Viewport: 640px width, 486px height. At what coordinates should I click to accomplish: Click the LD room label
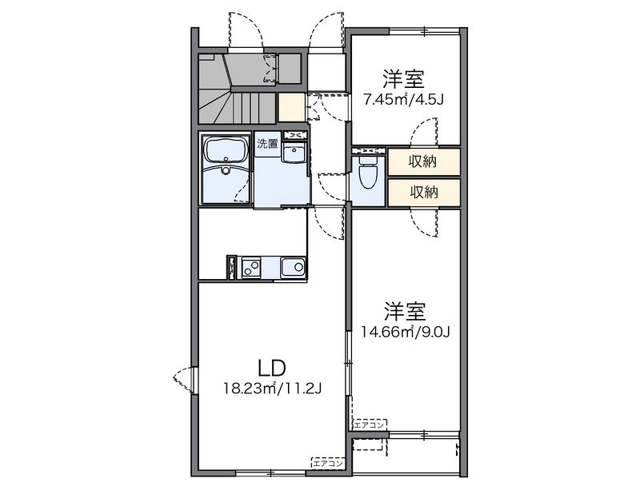pos(271,368)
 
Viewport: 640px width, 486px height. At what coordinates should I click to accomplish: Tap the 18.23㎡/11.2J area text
pos(272,388)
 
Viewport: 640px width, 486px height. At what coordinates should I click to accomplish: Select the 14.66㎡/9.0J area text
pos(405,333)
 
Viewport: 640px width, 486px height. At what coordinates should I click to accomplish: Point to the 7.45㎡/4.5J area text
pos(403,99)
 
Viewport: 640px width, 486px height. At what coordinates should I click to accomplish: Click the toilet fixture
pos(367,173)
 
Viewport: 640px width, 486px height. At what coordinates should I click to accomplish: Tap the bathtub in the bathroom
pos(226,149)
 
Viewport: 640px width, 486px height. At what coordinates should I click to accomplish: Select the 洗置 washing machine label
pos(267,144)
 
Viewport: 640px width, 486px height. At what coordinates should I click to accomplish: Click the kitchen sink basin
pos(293,268)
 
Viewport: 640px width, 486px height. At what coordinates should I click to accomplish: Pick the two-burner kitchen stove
pos(251,268)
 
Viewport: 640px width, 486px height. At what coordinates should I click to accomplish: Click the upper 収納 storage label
pos(423,161)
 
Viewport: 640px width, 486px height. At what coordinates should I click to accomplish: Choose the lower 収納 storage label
pos(424,192)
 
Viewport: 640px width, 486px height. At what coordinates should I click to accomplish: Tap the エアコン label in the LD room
pos(328,464)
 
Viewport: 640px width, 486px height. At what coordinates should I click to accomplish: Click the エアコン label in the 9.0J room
pos(370,425)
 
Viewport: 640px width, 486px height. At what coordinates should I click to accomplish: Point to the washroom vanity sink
pos(293,154)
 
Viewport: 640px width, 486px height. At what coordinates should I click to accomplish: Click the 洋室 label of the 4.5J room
pos(403,79)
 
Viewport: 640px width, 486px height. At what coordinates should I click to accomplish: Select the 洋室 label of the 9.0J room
pos(405,312)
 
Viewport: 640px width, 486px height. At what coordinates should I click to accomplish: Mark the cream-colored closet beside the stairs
pos(291,107)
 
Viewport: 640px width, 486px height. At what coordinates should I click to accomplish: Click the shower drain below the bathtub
pos(226,170)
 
